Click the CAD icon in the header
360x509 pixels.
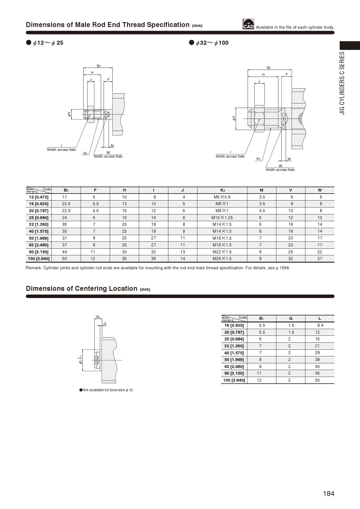coord(248,24)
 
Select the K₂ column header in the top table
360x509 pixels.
coord(222,190)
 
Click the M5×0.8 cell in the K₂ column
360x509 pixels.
coord(222,197)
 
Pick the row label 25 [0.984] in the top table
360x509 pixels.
coord(39,218)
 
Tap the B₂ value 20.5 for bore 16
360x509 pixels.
coord(66,204)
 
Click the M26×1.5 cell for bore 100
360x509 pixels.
coord(222,259)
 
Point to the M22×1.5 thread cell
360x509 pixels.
coord(222,252)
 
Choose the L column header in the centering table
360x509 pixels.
coord(320,319)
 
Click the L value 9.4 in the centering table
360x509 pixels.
coord(320,325)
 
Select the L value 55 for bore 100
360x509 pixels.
coord(317,380)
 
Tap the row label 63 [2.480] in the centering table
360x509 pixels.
coord(234,367)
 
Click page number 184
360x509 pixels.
coord(329,494)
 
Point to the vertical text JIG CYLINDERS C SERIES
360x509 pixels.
coord(342,83)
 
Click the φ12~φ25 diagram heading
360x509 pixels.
coord(48,43)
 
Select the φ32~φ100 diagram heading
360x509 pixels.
coord(212,43)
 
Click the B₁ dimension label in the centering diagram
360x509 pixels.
coord(98,317)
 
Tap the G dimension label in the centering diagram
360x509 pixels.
coord(105,324)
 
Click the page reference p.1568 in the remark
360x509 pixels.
coord(283,268)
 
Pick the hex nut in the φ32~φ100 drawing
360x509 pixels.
coord(259,119)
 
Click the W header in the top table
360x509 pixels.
coord(320,190)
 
